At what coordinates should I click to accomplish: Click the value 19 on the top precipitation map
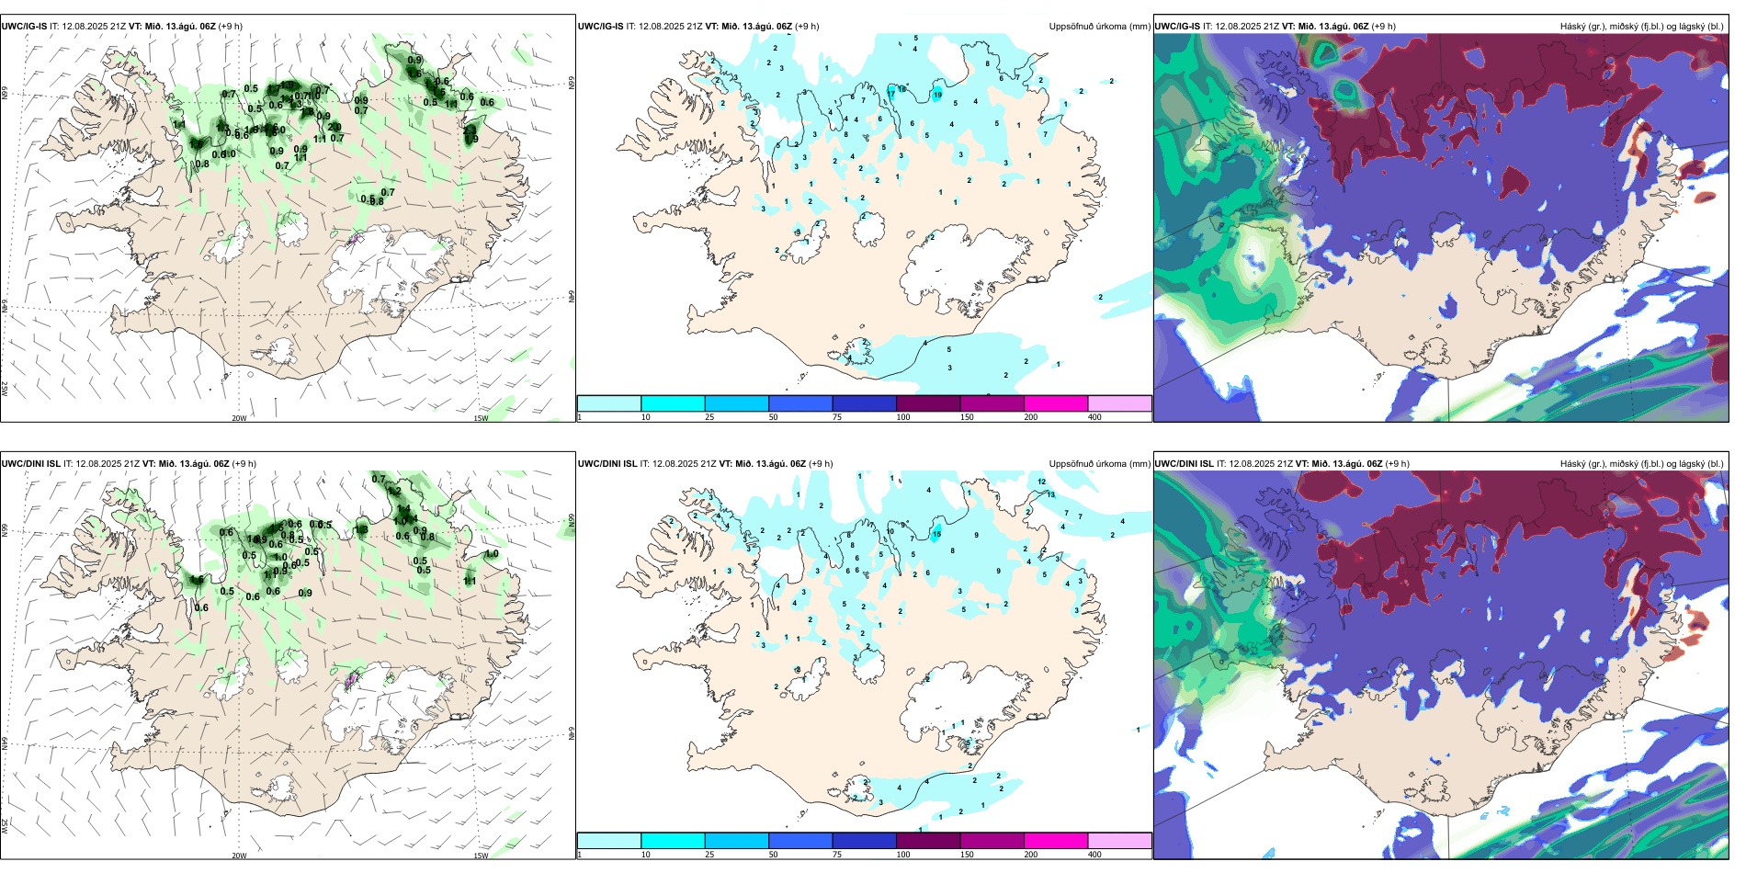[937, 95]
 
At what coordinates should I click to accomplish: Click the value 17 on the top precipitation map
[891, 94]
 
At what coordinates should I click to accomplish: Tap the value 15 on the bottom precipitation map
[936, 534]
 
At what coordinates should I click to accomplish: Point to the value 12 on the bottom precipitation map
[1042, 482]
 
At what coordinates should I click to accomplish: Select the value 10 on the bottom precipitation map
[890, 531]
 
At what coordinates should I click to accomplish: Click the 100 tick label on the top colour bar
[903, 417]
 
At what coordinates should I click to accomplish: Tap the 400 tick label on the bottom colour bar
[1094, 855]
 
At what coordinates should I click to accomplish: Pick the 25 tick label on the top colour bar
[709, 417]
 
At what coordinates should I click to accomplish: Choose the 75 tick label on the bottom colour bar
[837, 855]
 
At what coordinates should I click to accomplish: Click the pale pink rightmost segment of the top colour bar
[1119, 403]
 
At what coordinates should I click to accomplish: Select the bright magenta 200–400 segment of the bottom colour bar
[1056, 841]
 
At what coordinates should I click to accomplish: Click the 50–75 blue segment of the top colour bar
[800, 403]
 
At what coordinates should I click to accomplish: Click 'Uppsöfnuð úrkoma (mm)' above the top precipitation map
[1099, 27]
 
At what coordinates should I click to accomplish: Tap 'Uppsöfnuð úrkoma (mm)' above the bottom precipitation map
[1099, 464]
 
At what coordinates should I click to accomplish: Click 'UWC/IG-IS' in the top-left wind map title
[24, 27]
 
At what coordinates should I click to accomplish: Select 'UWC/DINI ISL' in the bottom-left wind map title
[30, 464]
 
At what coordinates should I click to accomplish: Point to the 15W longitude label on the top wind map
[481, 419]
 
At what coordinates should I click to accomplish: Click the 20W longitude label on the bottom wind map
[239, 856]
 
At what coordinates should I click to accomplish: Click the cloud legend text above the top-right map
[1641, 27]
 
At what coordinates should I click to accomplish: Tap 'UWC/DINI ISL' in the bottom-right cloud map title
[1185, 464]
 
